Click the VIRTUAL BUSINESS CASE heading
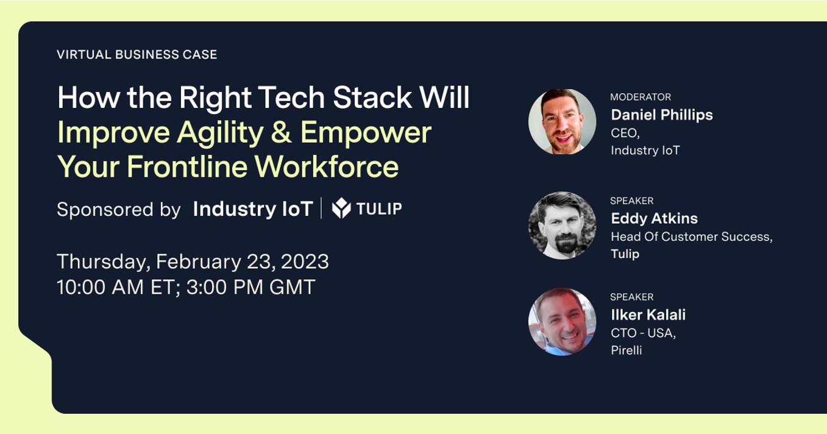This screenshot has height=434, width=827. coord(137,55)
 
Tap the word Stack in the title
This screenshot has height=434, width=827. coord(372,98)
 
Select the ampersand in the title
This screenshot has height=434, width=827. coord(282,132)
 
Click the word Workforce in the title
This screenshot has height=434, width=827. coord(327,167)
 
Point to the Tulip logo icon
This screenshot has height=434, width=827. coord(341,208)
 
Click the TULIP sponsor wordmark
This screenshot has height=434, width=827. coord(379,208)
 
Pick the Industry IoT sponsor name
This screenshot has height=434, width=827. coord(253,209)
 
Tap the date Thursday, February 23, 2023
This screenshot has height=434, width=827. coord(193,262)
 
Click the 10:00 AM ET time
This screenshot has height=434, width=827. coord(118,287)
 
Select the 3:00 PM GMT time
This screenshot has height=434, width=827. coord(251,287)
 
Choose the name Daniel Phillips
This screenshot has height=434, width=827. coord(662,115)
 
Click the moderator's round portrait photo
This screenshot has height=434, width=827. coord(562,121)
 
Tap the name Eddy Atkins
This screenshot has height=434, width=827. coord(654,218)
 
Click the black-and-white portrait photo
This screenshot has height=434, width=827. coord(562,226)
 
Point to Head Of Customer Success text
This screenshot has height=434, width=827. coord(692,237)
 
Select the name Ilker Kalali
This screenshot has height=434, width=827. coord(648,315)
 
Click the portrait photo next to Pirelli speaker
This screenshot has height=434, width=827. coord(562,322)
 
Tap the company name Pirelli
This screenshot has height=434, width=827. coord(626,350)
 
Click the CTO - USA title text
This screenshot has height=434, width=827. coord(643,333)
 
